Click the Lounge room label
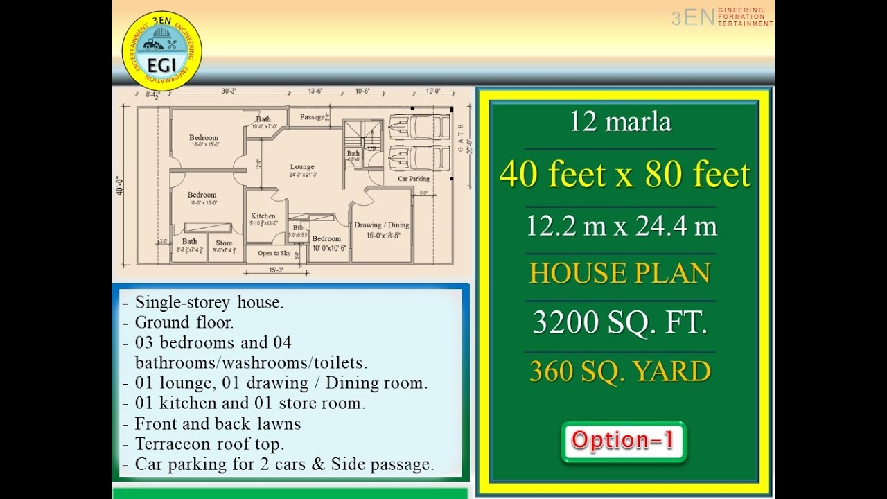tap(302, 167)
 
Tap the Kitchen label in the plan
tap(263, 216)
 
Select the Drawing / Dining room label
tap(381, 225)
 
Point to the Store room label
tap(224, 243)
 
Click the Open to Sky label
tap(274, 254)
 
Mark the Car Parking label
tap(414, 179)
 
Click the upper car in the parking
tap(410, 127)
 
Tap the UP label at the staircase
tap(372, 149)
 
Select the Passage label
tap(313, 117)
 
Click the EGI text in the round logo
tap(161, 64)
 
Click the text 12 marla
tap(620, 123)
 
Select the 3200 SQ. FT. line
tap(620, 323)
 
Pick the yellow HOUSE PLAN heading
tap(620, 273)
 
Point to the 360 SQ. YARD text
tap(620, 371)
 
